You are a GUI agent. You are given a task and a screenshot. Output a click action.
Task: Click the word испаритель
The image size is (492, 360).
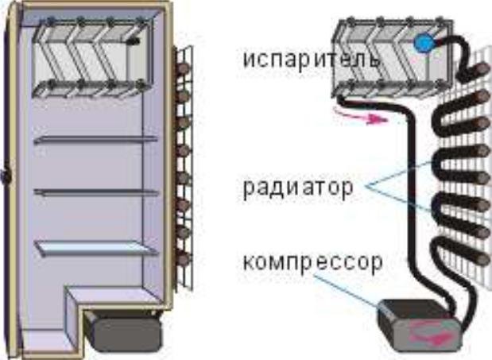[x=312, y=60]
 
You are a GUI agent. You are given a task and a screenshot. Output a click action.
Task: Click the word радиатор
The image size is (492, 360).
[x=298, y=188]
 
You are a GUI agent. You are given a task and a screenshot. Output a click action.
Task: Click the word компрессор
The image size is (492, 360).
[x=313, y=263]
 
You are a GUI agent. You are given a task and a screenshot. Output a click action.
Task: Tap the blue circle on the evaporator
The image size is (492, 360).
[x=424, y=43]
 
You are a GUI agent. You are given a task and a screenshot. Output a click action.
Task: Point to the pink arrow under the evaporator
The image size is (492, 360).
[x=361, y=117]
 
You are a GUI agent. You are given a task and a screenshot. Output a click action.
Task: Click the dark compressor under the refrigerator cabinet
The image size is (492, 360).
[x=124, y=329]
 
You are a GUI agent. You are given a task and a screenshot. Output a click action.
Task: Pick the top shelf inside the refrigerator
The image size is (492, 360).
[x=95, y=140]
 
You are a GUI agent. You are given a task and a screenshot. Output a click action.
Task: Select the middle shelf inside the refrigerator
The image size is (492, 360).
[x=95, y=192]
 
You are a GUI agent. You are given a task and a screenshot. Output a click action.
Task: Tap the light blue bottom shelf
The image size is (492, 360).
[x=95, y=248]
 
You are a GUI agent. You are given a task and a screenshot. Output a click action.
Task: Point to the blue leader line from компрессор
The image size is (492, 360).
[x=347, y=291]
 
